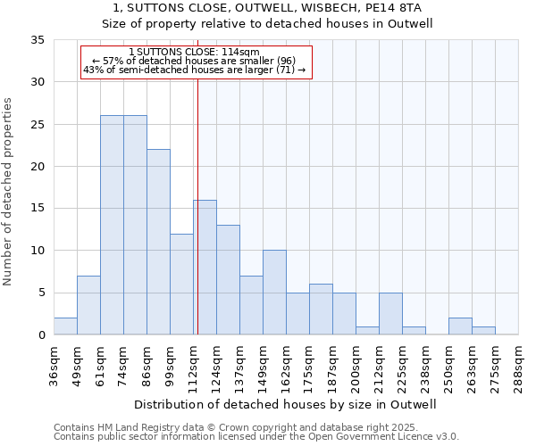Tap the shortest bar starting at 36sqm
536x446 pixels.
pos(65,326)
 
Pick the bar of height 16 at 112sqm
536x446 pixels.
pos(205,267)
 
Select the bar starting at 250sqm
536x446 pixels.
pos(460,326)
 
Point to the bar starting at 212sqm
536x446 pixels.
pos(390,313)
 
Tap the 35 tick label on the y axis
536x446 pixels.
pos(38,40)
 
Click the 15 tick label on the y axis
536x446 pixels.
pos(38,209)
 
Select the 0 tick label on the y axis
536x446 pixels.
pos(41,334)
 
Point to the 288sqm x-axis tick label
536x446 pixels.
pos(518,366)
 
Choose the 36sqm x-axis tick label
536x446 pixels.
pos(54,366)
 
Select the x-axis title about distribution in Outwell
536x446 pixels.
pos(286,404)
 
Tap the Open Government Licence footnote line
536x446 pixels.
pos(256,436)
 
